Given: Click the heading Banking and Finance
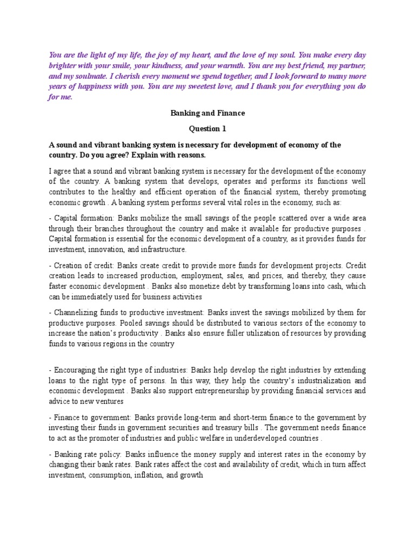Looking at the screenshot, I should click(x=207, y=113).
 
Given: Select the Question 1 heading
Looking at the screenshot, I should click(x=207, y=129).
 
